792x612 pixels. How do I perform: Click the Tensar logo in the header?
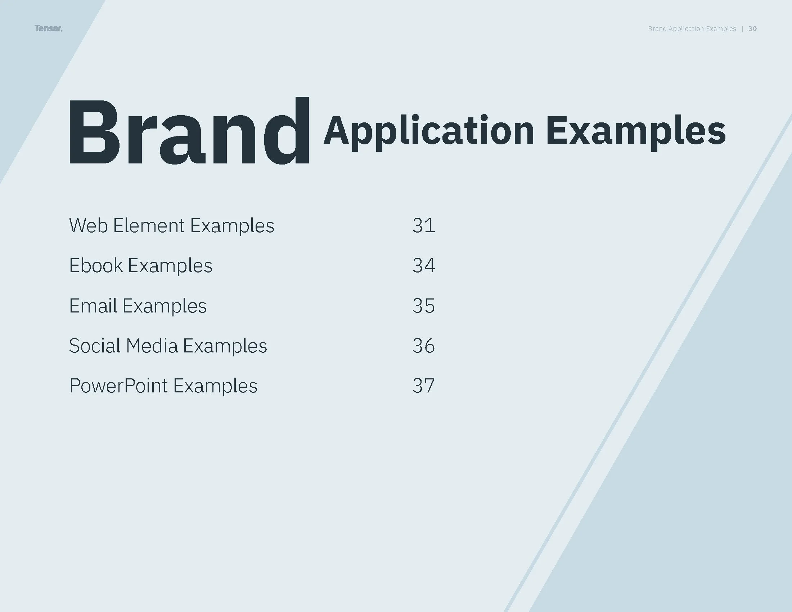point(48,28)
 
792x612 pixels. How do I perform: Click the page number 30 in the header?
point(752,29)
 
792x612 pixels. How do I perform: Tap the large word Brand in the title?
point(189,131)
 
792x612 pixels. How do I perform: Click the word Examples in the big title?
point(635,131)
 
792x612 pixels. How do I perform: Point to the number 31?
point(424,225)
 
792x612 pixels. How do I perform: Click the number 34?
point(424,265)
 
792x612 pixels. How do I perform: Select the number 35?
point(424,306)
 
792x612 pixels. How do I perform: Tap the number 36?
point(424,346)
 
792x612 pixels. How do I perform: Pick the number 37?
point(424,386)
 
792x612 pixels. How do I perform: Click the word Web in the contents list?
point(89,225)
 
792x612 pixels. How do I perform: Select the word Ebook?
point(96,265)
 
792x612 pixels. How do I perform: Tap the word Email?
point(93,306)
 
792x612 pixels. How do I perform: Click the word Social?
point(95,346)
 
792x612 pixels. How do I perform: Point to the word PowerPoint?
point(118,386)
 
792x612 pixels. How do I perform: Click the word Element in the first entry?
point(149,225)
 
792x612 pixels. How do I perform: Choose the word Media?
point(152,346)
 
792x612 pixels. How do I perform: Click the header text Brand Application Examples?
point(692,29)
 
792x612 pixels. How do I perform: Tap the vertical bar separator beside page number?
point(743,29)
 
